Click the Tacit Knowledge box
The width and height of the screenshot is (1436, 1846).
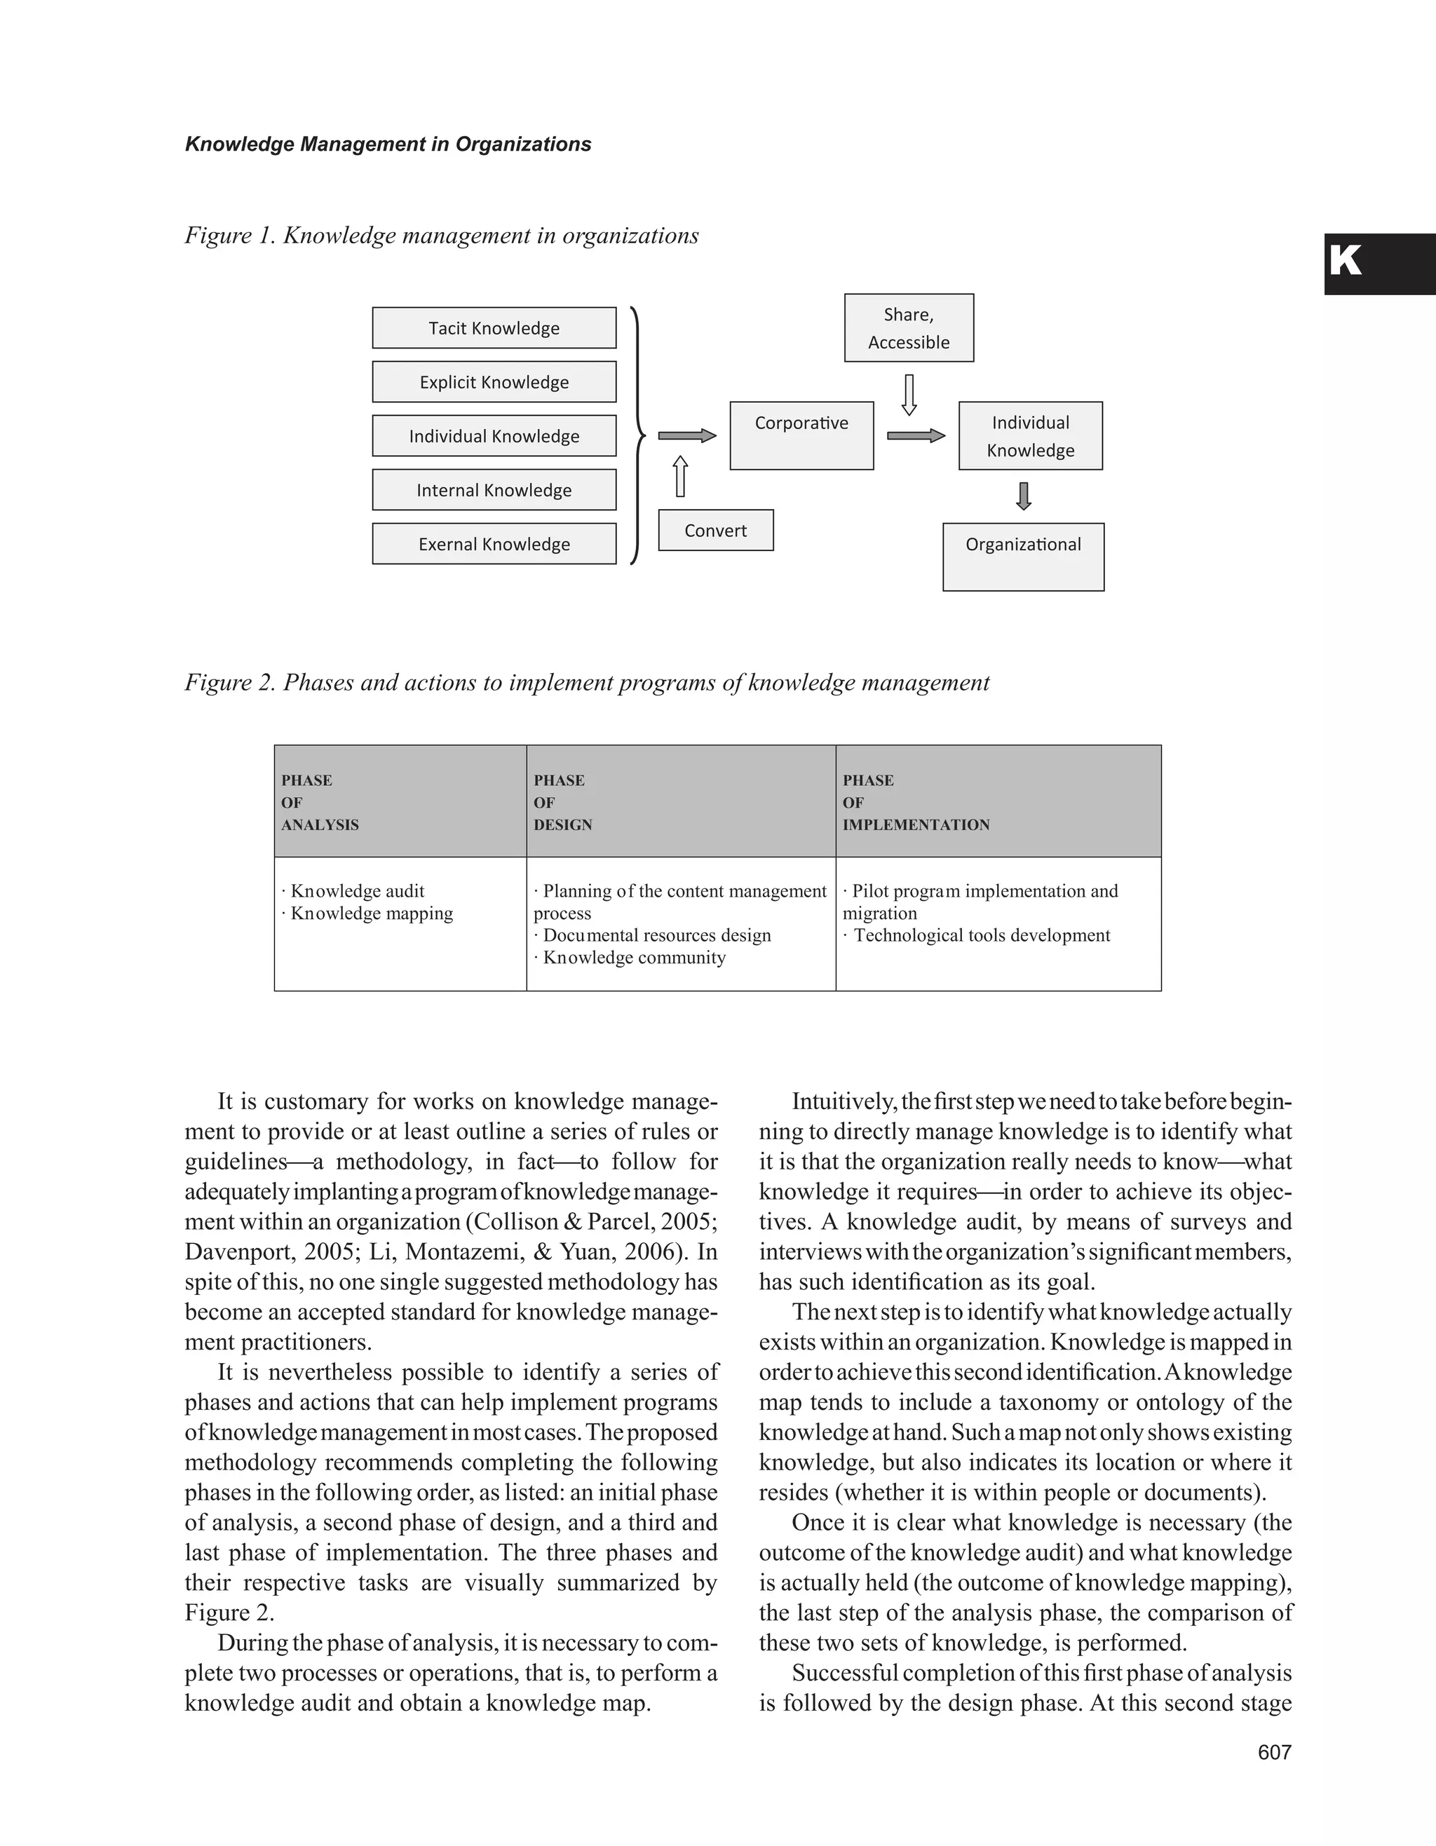pyautogui.click(x=494, y=328)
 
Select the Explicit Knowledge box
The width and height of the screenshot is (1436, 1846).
pyautogui.click(x=494, y=382)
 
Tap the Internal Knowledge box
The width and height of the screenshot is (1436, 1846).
pyautogui.click(x=494, y=490)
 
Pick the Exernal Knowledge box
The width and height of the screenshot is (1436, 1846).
pyautogui.click(x=494, y=544)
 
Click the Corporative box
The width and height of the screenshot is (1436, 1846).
pyautogui.click(x=801, y=435)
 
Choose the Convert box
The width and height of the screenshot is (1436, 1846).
pyautogui.click(x=715, y=531)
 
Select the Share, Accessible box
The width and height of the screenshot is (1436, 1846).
pyautogui.click(x=909, y=328)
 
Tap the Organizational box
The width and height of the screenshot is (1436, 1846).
pyautogui.click(x=1023, y=556)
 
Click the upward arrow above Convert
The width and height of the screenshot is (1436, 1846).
pyautogui.click(x=680, y=477)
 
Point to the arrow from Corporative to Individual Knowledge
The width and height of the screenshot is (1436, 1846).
pyautogui.click(x=915, y=435)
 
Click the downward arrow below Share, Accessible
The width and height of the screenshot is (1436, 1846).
pyautogui.click(x=909, y=395)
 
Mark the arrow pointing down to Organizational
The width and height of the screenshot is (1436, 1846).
pyautogui.click(x=1024, y=496)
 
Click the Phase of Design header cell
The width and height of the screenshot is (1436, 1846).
pyautogui.click(x=680, y=801)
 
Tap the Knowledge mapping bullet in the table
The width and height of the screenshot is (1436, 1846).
pyautogui.click(x=369, y=913)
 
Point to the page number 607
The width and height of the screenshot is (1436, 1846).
pyautogui.click(x=1274, y=1752)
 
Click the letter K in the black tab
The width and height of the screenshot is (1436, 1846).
pyautogui.click(x=1346, y=262)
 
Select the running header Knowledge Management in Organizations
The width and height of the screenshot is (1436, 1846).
pyautogui.click(x=388, y=144)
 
